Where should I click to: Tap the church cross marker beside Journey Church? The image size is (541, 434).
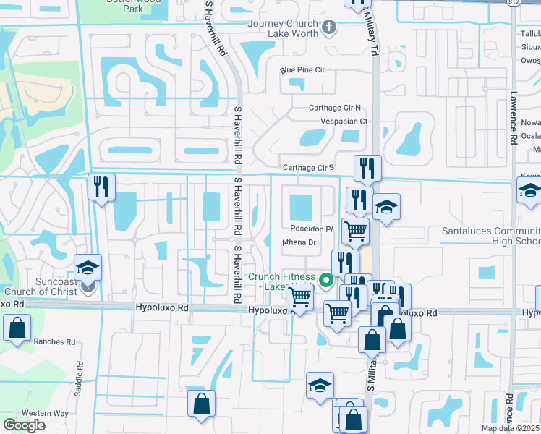click(330, 28)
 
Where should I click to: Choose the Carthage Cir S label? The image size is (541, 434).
click(308, 168)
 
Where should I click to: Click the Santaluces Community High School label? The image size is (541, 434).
click(491, 236)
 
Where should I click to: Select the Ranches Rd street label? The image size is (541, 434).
click(54, 341)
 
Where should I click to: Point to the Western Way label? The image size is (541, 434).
click(45, 413)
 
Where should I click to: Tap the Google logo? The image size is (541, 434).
click(24, 425)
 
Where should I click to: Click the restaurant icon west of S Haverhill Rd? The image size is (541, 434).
click(101, 187)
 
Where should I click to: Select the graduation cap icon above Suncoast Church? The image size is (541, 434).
click(88, 268)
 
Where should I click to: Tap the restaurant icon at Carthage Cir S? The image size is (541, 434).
click(367, 168)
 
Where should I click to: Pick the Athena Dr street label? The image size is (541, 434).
click(302, 243)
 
